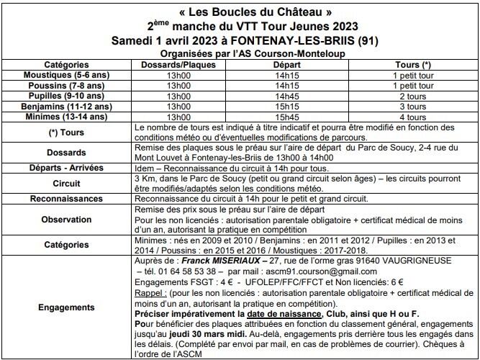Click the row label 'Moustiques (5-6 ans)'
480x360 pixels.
coord(67,74)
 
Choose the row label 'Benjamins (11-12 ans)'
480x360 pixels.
coord(67,106)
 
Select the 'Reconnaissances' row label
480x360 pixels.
coord(67,199)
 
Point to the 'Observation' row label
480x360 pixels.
coord(67,218)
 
